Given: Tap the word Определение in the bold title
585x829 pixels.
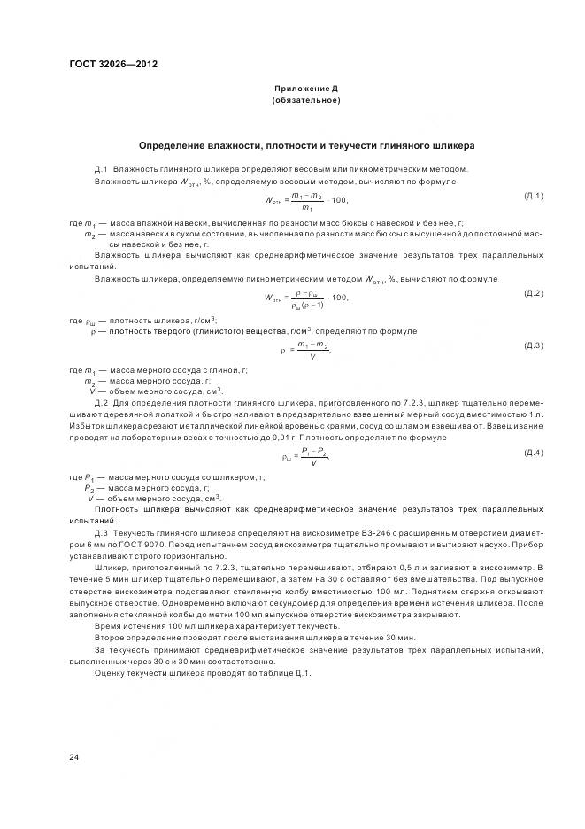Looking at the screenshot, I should click(x=172, y=143).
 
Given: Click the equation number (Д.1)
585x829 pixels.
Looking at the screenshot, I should click(x=533, y=195).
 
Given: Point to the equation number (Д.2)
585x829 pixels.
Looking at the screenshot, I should click(x=533, y=292).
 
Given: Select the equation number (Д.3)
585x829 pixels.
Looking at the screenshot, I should click(x=533, y=345).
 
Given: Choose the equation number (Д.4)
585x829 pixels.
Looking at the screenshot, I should click(x=533, y=453).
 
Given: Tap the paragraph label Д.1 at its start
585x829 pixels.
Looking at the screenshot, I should click(x=101, y=168).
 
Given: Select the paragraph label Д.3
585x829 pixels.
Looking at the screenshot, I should click(x=101, y=533).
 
